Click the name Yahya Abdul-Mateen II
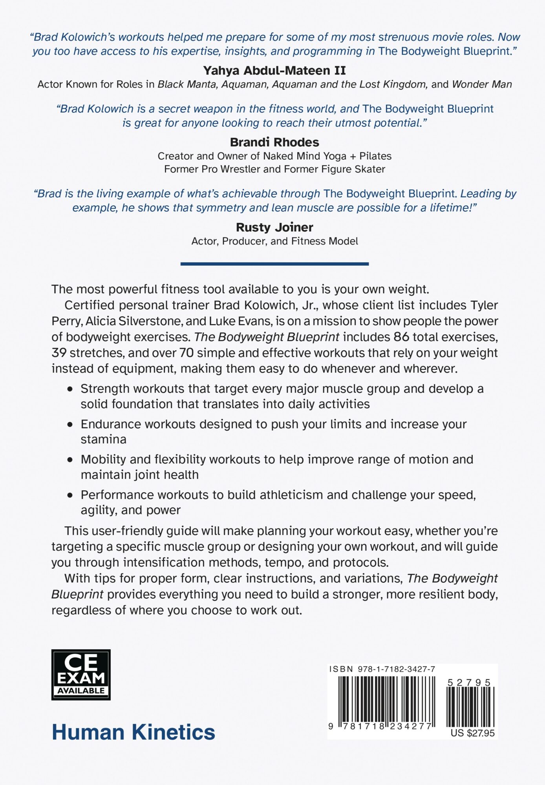click(x=274, y=71)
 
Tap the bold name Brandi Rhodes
click(x=274, y=142)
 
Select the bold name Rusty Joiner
click(x=274, y=227)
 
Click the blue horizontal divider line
click(x=274, y=264)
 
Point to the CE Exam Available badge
click(x=81, y=675)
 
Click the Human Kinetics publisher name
click(x=134, y=732)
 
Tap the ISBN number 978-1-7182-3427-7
click(x=396, y=669)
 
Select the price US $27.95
click(x=472, y=733)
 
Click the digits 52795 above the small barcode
click(x=469, y=683)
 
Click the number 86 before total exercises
click(x=401, y=337)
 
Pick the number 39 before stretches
click(x=59, y=353)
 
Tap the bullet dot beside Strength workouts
click(x=70, y=389)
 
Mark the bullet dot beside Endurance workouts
click(x=70, y=425)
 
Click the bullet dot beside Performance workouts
click(x=70, y=495)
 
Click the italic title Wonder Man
click(x=482, y=84)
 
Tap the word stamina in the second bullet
click(x=104, y=440)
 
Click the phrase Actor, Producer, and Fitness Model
click(x=274, y=241)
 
